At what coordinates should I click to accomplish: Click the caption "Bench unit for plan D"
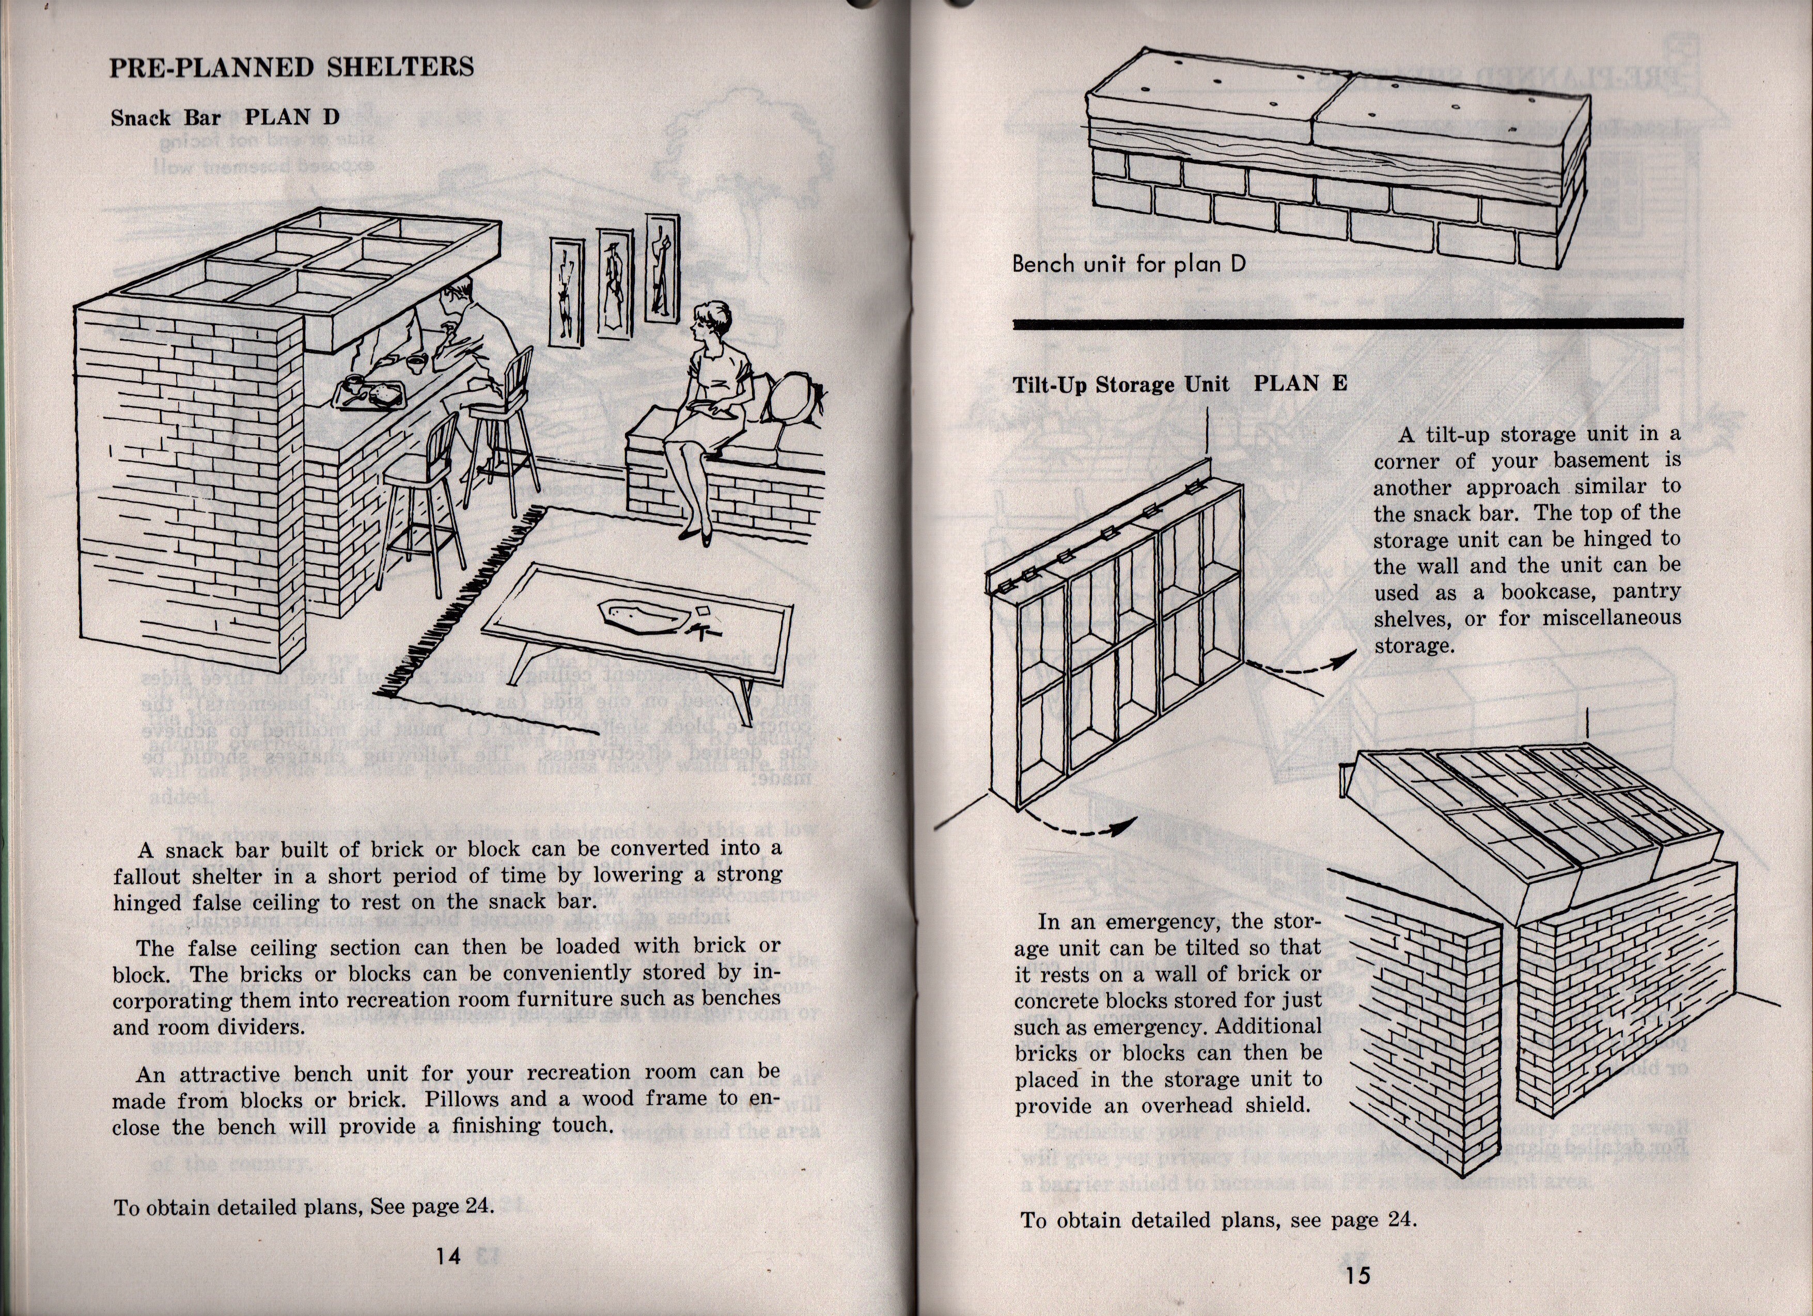1129,264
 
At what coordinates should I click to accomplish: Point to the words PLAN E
1301,384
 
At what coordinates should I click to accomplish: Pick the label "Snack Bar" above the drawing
165,118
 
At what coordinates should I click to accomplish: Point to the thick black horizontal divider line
1347,324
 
